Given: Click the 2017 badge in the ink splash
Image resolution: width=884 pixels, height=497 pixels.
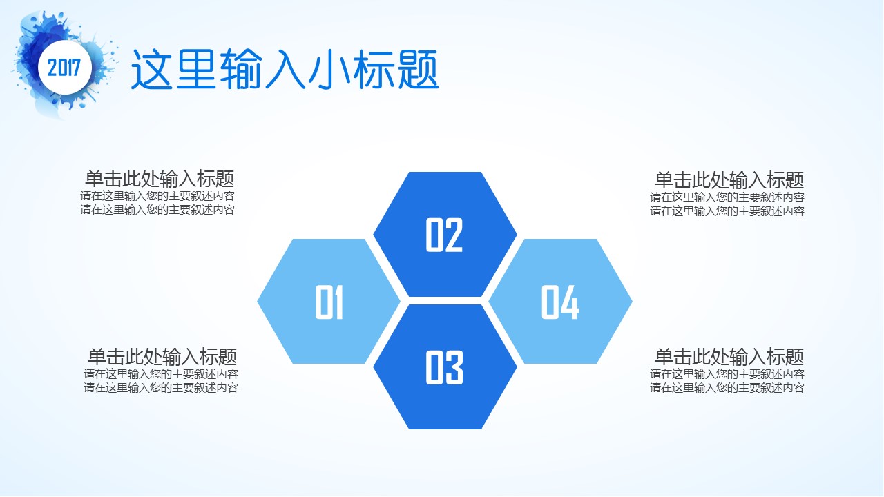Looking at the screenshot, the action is pos(65,68).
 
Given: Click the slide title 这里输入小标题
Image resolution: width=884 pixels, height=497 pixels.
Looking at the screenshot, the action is pos(285,70).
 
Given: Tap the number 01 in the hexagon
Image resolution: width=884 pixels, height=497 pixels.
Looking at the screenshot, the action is pos(329,302).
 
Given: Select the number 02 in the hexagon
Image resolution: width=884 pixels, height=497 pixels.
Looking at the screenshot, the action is pos(444,235).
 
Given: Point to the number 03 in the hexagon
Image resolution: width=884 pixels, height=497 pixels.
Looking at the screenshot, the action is pos(444,368).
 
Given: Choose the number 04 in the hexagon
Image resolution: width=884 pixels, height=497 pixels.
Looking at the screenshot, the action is pos(560,302).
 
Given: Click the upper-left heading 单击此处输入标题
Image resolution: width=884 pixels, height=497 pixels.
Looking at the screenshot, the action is pos(160,179).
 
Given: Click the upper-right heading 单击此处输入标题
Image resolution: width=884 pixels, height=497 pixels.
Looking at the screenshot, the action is pos(729,180).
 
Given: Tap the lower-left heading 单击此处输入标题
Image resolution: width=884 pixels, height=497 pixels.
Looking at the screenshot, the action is pos(162,357).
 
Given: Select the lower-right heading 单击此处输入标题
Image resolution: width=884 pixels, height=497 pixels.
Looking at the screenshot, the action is pos(729,357).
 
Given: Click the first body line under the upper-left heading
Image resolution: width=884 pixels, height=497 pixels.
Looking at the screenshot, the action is pos(157,196).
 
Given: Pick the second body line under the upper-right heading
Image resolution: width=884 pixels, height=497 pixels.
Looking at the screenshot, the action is pos(727,211).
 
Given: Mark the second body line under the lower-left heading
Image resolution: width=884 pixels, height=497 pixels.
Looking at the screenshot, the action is pos(161,388).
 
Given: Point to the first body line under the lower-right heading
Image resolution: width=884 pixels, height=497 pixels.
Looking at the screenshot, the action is pos(727,373).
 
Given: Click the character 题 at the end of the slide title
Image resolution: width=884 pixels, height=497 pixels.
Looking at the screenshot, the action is pos(418,70).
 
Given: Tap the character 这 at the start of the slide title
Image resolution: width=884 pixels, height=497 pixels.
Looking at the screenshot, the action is pos(151,70).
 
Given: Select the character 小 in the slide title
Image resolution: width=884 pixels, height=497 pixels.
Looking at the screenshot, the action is pos(329,70).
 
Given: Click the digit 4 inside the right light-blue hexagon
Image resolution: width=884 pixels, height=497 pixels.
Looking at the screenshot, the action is pos(570,302).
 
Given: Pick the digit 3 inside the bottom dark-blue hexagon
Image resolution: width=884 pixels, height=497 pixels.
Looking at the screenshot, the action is pos(454,368).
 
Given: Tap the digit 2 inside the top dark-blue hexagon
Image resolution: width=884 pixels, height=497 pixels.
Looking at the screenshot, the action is pos(454,235).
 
